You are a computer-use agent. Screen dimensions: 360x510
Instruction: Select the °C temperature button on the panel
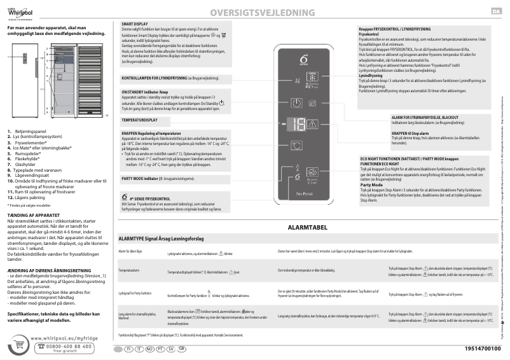[x=298, y=145]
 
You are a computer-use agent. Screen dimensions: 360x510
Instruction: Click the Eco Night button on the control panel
[x=314, y=172]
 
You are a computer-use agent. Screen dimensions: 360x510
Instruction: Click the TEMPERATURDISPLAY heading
[x=139, y=120]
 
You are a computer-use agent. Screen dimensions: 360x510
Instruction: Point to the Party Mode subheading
[x=371, y=185]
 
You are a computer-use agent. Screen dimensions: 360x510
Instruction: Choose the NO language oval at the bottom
[x=149, y=349]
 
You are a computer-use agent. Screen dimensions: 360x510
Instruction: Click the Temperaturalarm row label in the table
[x=129, y=270]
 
